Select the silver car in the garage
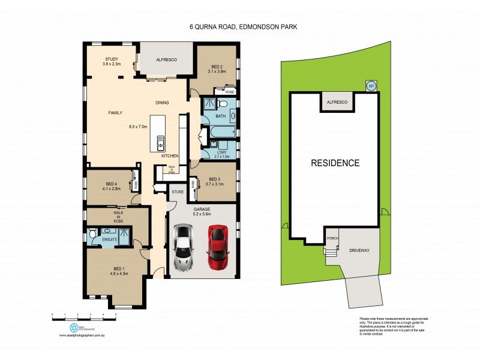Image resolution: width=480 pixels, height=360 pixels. click(182, 248)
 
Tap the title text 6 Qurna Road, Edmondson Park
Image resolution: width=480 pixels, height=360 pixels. click(240, 27)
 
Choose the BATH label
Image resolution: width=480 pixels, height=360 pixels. click(220, 115)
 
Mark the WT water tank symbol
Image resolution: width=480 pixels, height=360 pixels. click(371, 86)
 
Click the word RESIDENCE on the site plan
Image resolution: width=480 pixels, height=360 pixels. click(335, 163)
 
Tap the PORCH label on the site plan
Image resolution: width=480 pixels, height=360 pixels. click(332, 238)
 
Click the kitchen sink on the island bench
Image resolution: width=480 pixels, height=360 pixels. click(160, 142)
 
